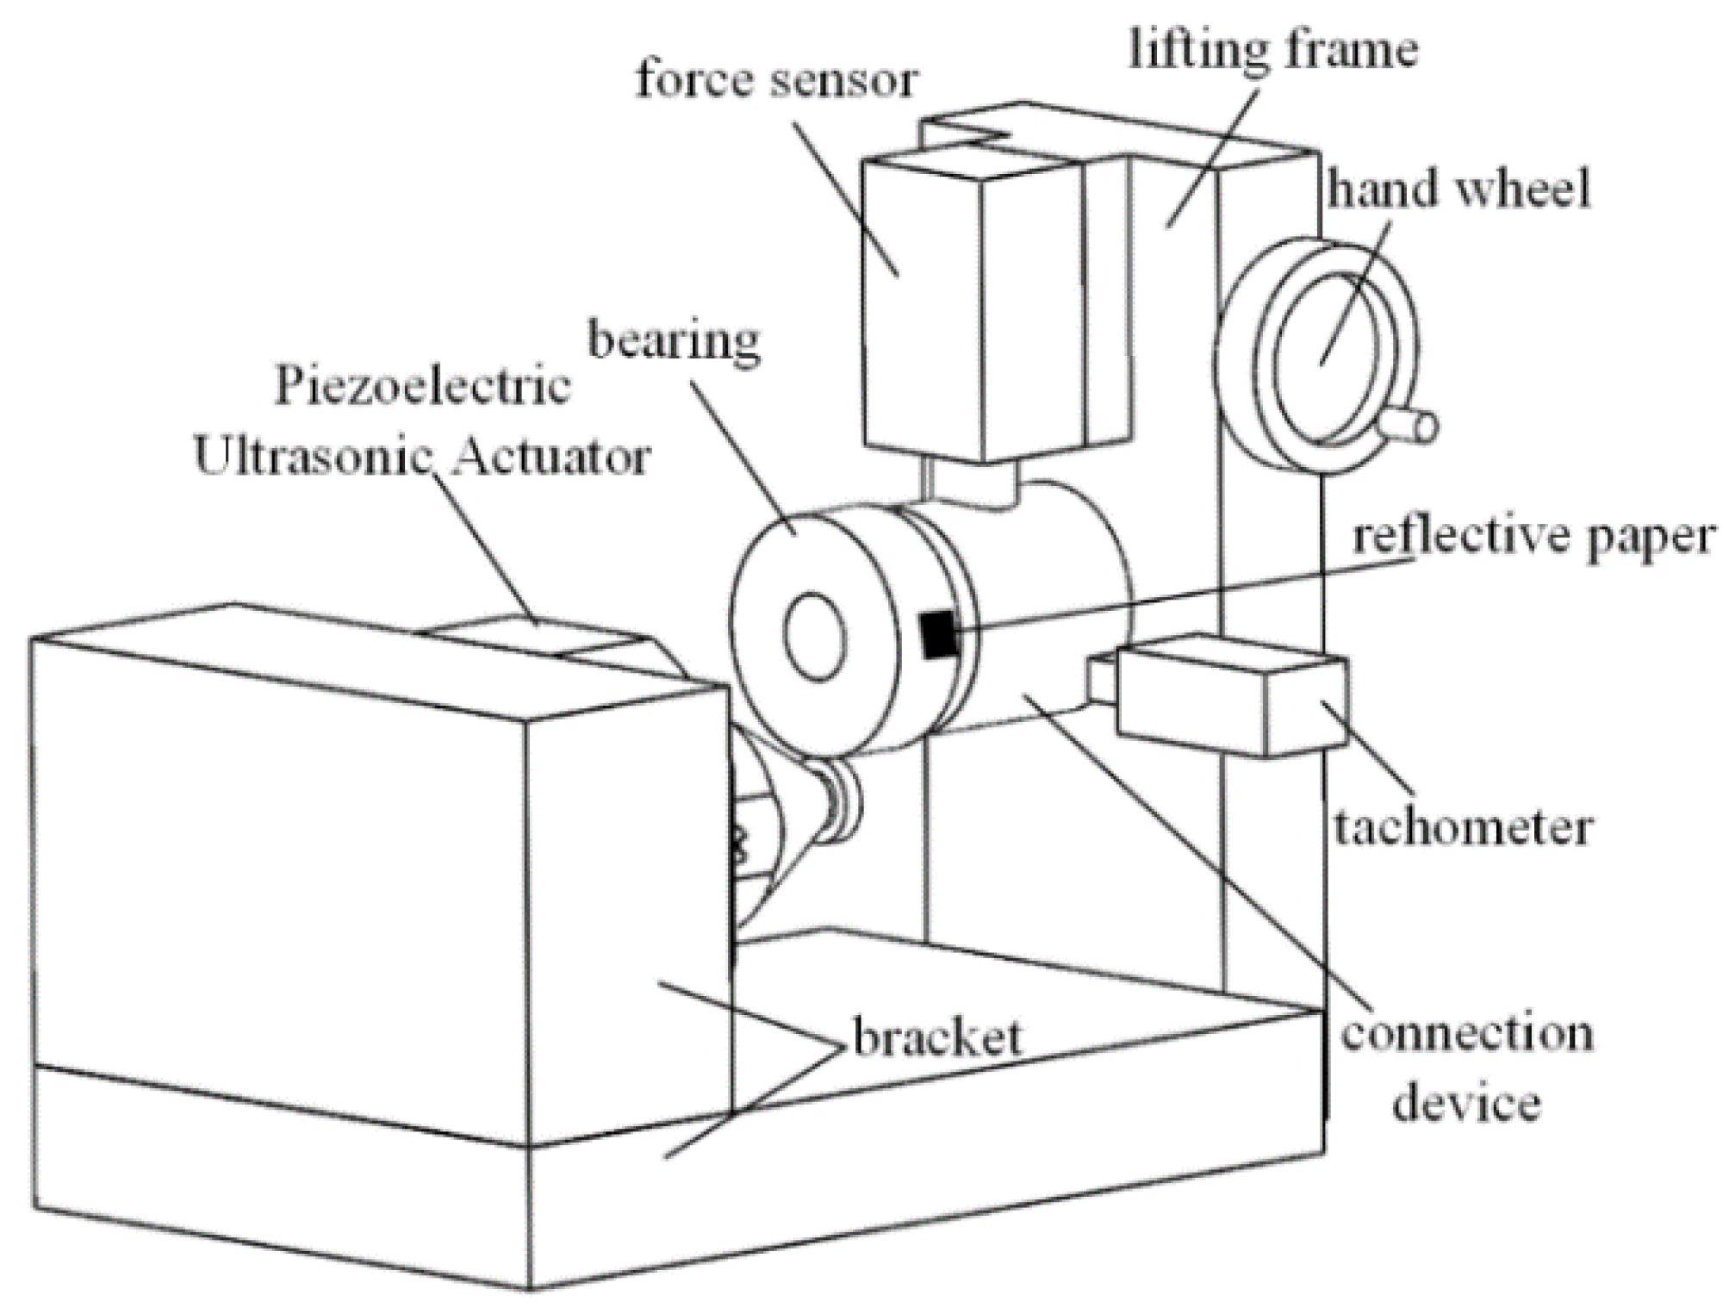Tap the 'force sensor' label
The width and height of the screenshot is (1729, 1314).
pos(776,80)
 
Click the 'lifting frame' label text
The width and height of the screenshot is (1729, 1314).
pos(1273,50)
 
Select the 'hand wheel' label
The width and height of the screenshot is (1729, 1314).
pos(1458,189)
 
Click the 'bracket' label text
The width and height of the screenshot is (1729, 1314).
pos(937,1037)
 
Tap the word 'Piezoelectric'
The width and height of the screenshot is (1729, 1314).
pos(422,386)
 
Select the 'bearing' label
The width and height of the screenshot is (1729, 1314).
pos(674,341)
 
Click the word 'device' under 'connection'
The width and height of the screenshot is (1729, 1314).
pos(1466,1103)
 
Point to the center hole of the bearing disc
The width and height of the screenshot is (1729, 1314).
pos(814,636)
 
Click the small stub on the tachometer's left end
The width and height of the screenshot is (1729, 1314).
pos(1101,679)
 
